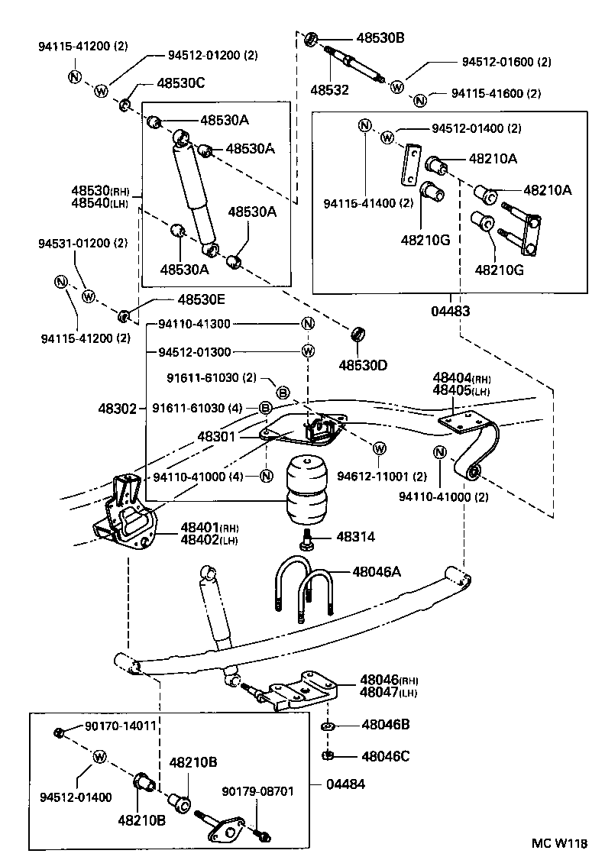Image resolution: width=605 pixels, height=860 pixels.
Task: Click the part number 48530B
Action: coord(379,37)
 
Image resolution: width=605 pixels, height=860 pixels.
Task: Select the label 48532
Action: coord(328,90)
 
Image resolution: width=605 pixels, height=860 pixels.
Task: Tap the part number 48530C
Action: coord(181,82)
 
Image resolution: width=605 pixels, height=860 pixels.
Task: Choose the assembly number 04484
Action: coord(345,785)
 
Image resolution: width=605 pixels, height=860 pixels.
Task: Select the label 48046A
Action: coord(378,571)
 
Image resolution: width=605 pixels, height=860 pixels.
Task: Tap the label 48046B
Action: coord(385,725)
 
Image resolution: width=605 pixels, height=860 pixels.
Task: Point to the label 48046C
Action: coord(385,756)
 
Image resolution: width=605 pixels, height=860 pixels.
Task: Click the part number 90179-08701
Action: coord(257,791)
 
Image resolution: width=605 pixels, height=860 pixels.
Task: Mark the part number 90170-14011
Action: coord(119,727)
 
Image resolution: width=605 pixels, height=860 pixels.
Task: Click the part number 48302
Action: coord(117,409)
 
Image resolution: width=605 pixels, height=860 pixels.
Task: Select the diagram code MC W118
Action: coord(560,843)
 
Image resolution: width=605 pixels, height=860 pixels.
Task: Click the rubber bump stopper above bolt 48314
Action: coord(307,491)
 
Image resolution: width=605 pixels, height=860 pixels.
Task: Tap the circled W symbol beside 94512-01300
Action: coord(307,351)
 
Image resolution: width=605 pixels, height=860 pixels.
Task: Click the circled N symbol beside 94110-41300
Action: coord(307,323)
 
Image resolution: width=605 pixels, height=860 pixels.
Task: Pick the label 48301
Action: coord(217,436)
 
